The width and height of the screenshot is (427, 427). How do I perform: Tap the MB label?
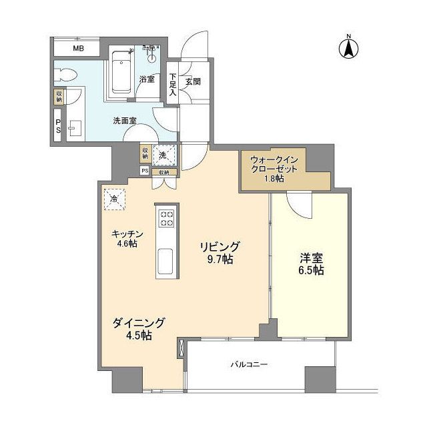click(78, 49)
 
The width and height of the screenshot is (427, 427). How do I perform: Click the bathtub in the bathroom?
click(121, 73)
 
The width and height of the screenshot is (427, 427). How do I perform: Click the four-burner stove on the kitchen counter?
click(165, 218)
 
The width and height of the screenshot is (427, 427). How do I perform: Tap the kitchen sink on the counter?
click(165, 259)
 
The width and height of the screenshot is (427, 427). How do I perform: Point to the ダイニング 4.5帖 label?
click(138, 329)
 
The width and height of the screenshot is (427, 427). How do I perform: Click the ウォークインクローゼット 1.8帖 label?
click(278, 169)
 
